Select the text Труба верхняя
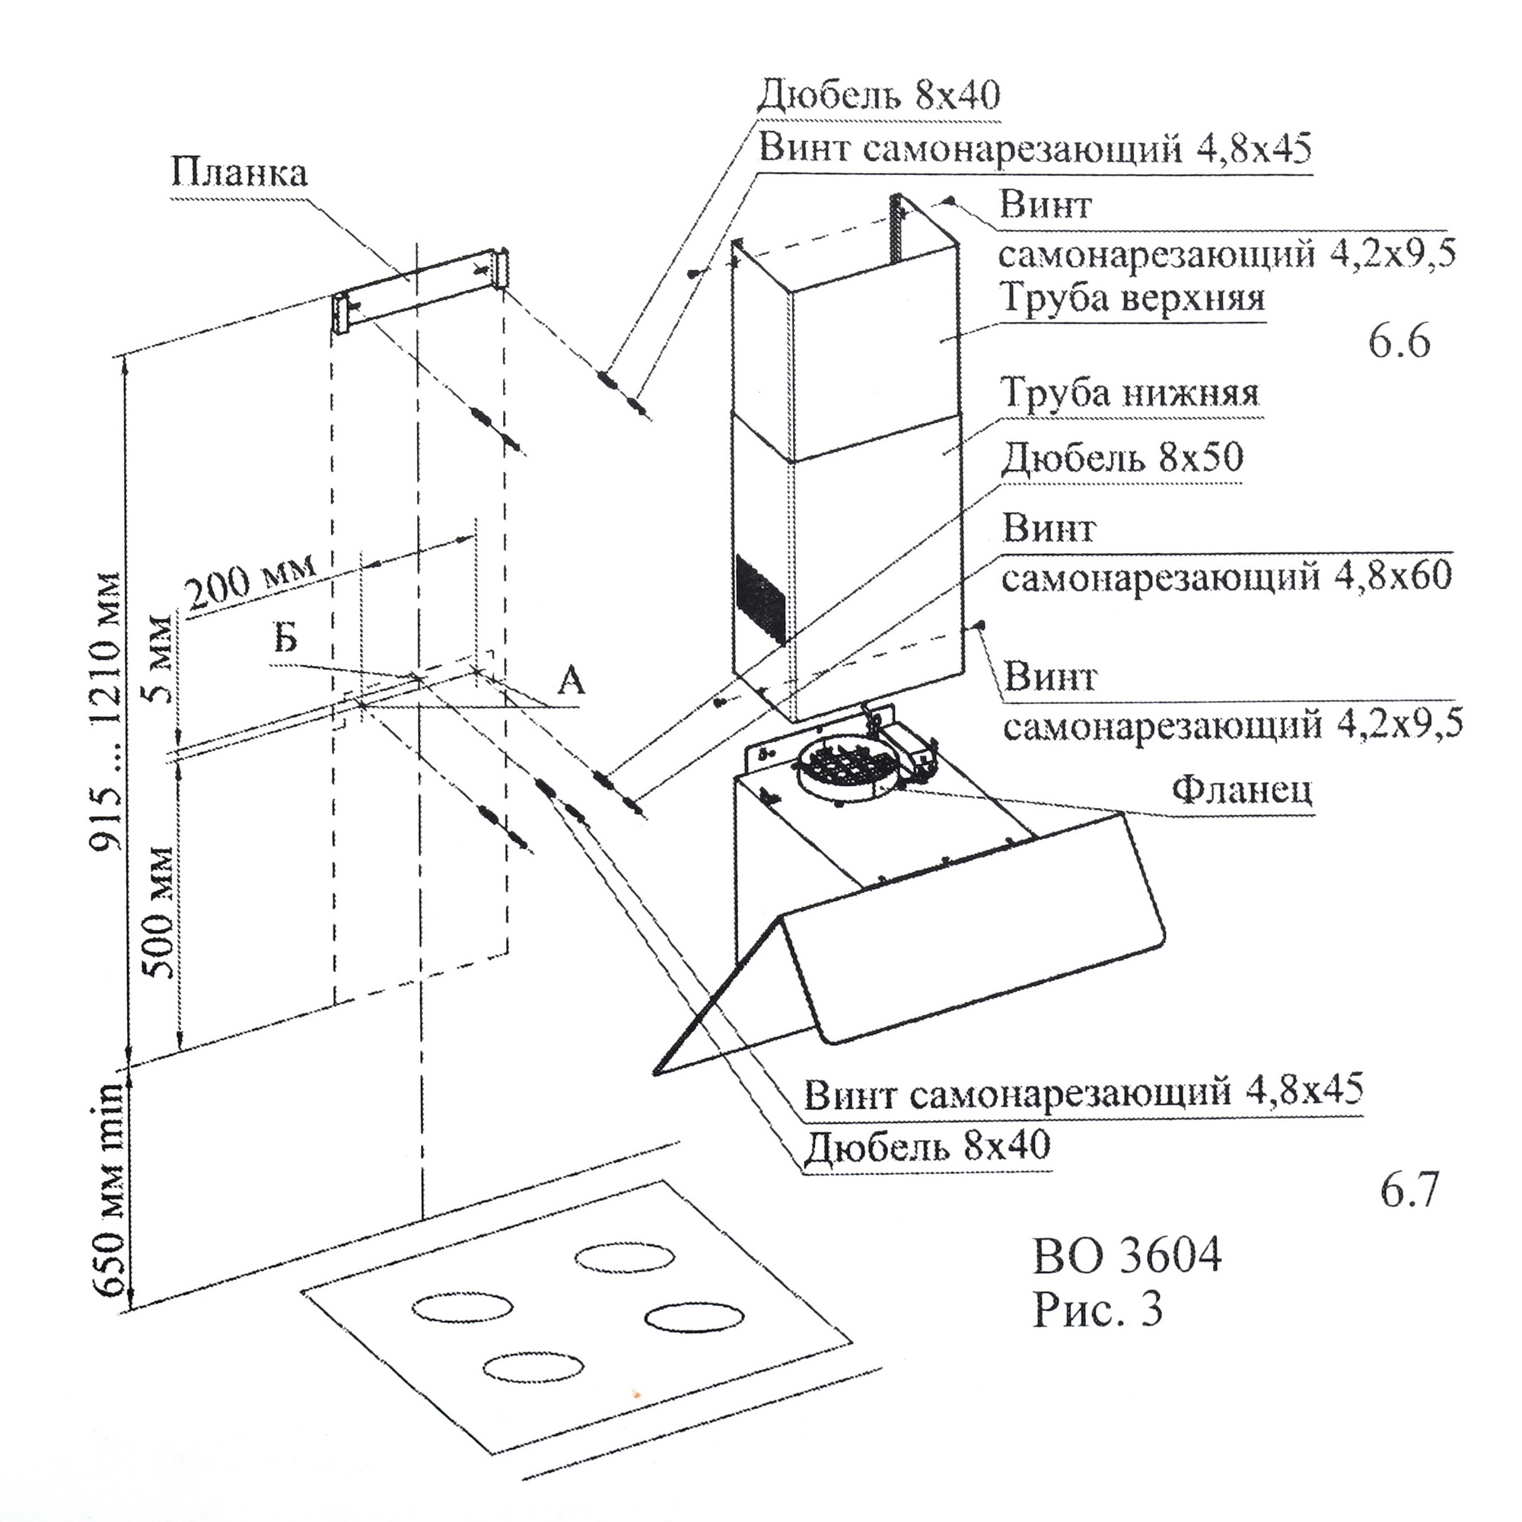tap(1132, 298)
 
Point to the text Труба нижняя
tap(1129, 393)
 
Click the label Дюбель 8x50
tap(1122, 457)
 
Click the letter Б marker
tap(286, 637)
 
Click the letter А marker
tap(570, 680)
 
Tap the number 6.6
tap(1399, 343)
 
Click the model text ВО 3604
tap(1126, 1256)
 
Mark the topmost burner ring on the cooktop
tap(625, 1257)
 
